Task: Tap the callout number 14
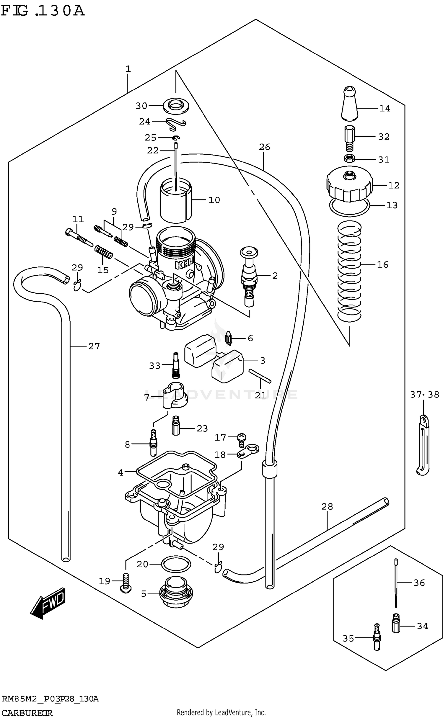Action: [385, 109]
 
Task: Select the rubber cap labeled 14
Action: [349, 105]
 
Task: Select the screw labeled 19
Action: [126, 583]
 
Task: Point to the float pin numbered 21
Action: [260, 376]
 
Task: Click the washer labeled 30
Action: [176, 106]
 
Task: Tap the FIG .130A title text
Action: [43, 11]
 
